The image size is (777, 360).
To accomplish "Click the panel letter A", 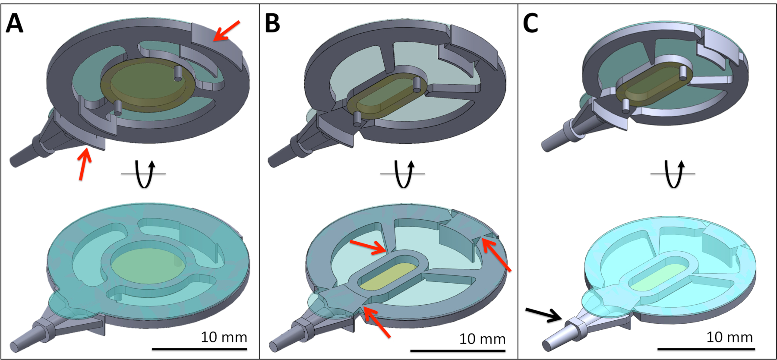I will coord(14,23).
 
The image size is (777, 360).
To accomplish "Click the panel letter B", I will coord(272,23).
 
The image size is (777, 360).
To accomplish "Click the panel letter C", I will coord(531,23).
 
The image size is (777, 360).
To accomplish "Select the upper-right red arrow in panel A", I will coord(226,31).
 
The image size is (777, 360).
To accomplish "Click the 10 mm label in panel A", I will coord(224,337).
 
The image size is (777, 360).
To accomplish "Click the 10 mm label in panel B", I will coord(482,339).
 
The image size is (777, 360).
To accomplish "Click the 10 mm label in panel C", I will coord(730,337).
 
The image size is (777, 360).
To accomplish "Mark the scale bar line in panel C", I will coord(706,348).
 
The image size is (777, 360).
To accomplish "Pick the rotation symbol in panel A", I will coord(144,174).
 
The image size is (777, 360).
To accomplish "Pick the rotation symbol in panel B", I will coord(403,174).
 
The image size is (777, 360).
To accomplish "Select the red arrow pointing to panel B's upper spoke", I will coord(368,247).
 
